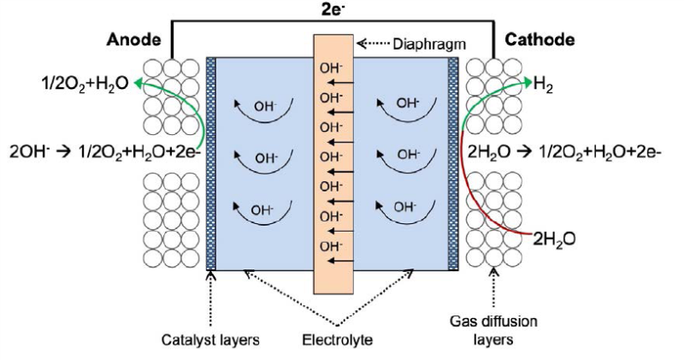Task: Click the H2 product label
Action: point(541,84)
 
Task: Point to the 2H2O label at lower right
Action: point(557,240)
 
